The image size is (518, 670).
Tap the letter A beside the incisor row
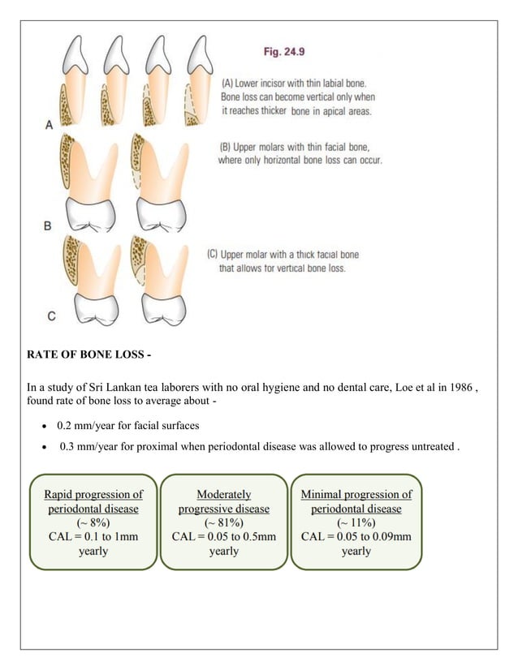(50, 125)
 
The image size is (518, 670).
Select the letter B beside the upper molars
(49, 225)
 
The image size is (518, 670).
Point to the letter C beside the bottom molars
(50, 316)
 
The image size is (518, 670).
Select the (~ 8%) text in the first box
(93, 522)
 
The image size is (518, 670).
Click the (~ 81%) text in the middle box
(224, 522)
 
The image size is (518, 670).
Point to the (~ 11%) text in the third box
(356, 522)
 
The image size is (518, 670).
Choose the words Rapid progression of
(93, 494)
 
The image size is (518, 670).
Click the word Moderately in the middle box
(224, 494)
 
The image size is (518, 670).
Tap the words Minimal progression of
(356, 494)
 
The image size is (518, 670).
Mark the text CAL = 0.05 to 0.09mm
(356, 536)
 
